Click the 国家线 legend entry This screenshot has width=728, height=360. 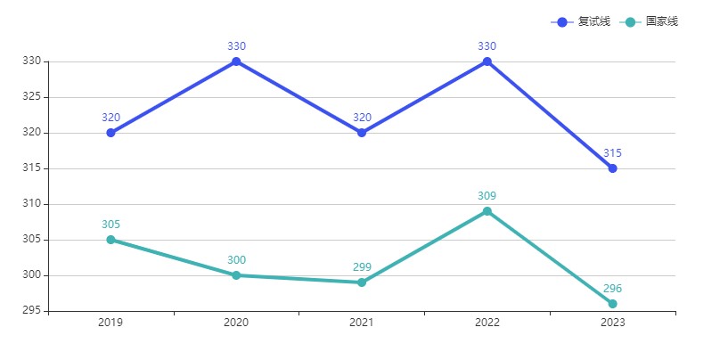tap(649, 21)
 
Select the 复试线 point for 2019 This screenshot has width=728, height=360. tap(110, 133)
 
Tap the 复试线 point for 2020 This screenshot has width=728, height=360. tap(236, 61)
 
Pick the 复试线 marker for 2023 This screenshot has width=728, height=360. tap(612, 168)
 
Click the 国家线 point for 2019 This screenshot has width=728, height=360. tap(110, 240)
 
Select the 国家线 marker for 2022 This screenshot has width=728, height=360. tap(487, 211)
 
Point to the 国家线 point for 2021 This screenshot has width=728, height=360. tap(362, 282)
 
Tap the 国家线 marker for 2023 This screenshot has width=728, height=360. tap(612, 304)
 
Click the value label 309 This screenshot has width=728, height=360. tap(487, 196)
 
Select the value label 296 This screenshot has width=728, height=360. tap(612, 289)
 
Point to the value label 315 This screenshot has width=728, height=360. tap(612, 153)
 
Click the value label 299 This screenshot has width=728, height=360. tap(362, 267)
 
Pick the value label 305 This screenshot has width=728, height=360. tap(110, 225)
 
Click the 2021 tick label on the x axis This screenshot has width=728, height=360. tap(362, 323)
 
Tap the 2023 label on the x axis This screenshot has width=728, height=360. tap(612, 323)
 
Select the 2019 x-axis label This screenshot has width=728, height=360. tap(110, 323)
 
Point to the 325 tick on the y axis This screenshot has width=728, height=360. tap(32, 97)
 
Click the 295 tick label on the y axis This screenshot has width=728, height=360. tap(32, 311)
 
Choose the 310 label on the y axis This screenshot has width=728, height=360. tap(32, 204)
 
